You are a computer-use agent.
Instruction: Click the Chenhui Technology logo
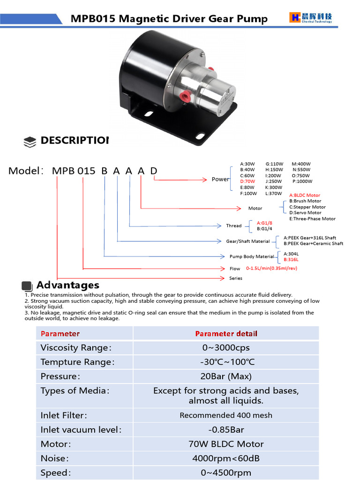(x=311, y=18)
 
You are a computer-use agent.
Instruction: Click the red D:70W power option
(x=248, y=181)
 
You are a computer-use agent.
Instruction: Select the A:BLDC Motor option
(x=304, y=195)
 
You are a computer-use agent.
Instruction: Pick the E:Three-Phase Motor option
(x=312, y=219)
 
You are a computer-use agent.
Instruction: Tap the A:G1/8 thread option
(x=264, y=223)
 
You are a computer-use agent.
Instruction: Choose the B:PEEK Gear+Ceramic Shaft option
(x=313, y=244)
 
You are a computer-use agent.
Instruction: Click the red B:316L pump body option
(x=291, y=260)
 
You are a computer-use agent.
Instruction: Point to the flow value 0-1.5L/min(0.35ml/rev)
(x=271, y=269)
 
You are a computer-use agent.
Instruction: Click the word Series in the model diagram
(x=236, y=278)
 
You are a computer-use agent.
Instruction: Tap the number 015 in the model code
(x=86, y=171)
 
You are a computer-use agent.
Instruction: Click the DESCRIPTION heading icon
(x=30, y=142)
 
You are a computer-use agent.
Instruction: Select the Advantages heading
(x=67, y=285)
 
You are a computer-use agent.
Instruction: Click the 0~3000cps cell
(x=226, y=348)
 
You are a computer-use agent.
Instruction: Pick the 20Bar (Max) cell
(x=226, y=376)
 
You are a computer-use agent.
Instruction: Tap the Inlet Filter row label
(x=64, y=415)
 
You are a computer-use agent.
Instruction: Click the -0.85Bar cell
(x=226, y=430)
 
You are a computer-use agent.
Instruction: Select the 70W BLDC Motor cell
(x=226, y=444)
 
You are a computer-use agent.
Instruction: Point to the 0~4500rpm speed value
(x=226, y=472)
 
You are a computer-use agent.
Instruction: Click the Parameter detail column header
(x=226, y=334)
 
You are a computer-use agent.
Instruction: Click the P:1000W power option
(x=302, y=181)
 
